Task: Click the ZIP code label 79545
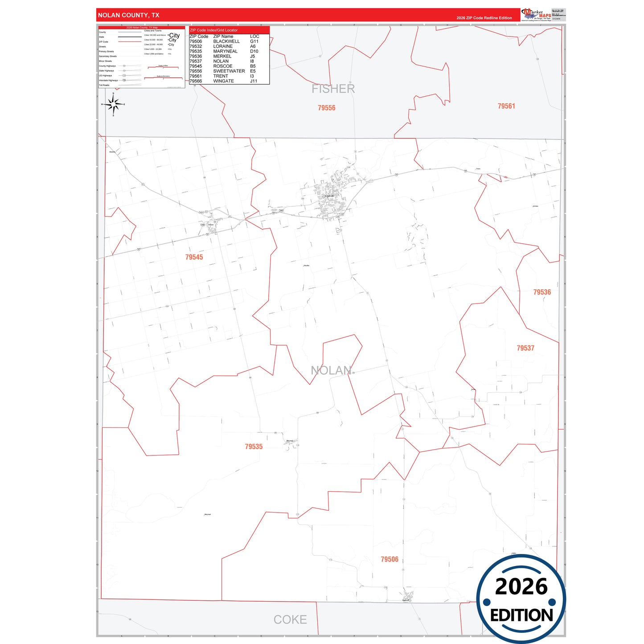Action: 194,257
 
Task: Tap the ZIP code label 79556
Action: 326,108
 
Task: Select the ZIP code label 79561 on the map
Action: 506,106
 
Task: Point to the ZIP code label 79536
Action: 542,292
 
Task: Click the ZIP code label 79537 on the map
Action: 525,348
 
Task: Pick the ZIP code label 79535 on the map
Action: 254,447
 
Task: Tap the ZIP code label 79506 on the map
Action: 390,559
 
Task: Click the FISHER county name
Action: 333,89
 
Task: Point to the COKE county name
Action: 290,619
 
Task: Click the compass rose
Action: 113,105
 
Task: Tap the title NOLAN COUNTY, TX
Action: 128,15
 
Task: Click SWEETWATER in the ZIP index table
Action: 229,71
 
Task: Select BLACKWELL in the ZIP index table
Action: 226,41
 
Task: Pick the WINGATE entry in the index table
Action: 223,81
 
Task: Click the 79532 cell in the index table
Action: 196,46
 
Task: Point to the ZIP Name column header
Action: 223,37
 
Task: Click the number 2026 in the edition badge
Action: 521,587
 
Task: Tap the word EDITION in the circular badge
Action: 521,615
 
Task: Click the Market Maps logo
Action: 536,14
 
